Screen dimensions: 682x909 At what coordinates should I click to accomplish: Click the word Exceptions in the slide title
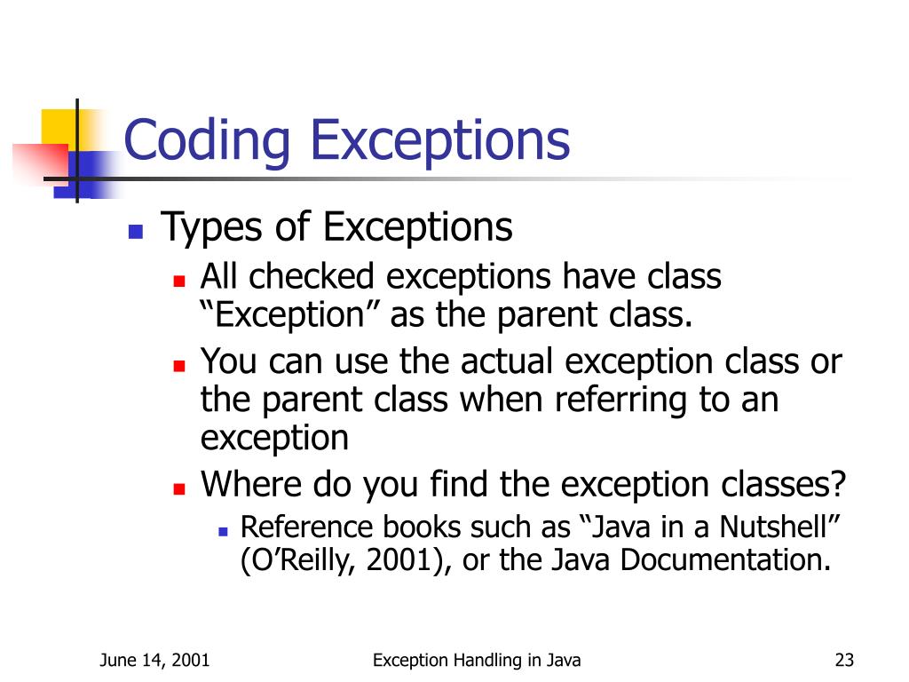[x=441, y=141]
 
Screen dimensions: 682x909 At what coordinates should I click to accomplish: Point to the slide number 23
[x=844, y=660]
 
